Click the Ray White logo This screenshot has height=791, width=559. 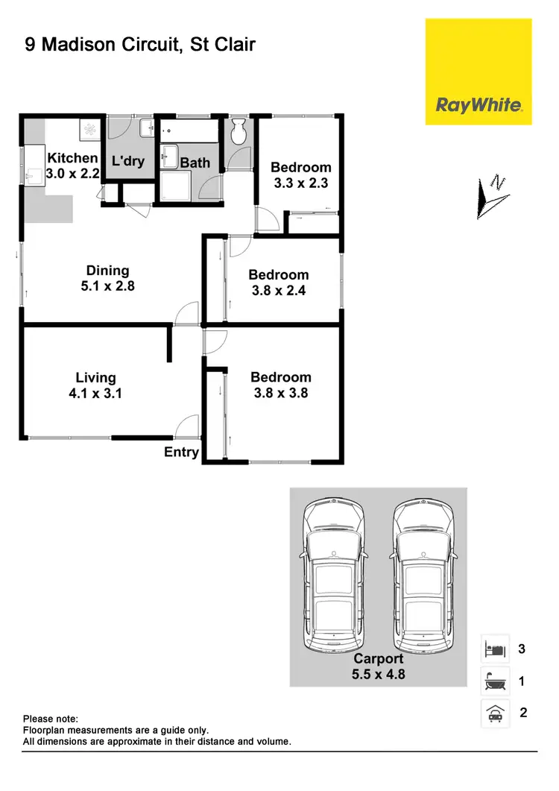click(x=479, y=104)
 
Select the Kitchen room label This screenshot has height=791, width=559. click(x=72, y=158)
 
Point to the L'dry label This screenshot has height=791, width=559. click(x=127, y=161)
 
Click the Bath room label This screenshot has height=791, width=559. click(x=195, y=163)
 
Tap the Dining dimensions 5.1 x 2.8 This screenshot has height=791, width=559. click(x=107, y=285)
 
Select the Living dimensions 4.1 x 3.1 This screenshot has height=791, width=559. click(x=95, y=392)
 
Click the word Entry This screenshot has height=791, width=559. click(x=181, y=453)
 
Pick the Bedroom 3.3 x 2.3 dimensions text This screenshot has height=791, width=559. click(x=300, y=182)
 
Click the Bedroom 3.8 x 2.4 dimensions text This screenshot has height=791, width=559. click(x=278, y=290)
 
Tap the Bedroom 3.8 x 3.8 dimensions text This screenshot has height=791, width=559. click(x=280, y=392)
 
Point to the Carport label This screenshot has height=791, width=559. click(x=378, y=658)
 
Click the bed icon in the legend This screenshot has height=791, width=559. click(x=495, y=649)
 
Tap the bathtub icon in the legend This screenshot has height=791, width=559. click(x=495, y=681)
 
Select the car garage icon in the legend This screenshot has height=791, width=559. click(x=495, y=713)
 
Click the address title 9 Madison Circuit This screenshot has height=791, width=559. click(x=140, y=45)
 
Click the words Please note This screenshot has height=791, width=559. click(x=51, y=719)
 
